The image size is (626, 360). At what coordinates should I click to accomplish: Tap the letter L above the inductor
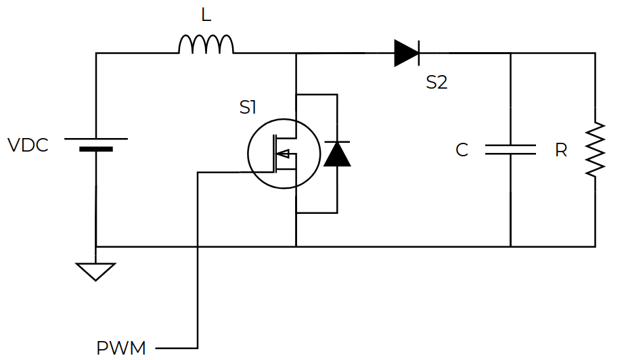click(x=206, y=15)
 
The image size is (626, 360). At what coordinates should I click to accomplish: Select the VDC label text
click(x=28, y=145)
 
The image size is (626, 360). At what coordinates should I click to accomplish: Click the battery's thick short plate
click(x=96, y=150)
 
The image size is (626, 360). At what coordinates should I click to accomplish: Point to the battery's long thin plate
click(x=96, y=139)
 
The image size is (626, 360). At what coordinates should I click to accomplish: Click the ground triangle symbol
click(x=96, y=272)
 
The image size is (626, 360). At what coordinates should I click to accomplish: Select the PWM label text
click(x=121, y=348)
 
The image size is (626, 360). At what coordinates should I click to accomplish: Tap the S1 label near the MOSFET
click(x=248, y=108)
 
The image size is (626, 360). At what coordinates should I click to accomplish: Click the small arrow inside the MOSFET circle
click(x=283, y=154)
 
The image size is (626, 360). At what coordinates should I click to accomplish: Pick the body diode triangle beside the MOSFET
click(x=337, y=154)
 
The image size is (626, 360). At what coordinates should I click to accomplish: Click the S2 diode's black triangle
click(x=406, y=53)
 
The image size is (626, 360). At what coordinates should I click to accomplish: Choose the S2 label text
click(x=437, y=82)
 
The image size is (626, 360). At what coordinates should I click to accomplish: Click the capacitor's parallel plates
click(x=511, y=150)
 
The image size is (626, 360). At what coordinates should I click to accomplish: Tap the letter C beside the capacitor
click(x=462, y=150)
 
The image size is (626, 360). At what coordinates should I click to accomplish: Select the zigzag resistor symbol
click(x=596, y=150)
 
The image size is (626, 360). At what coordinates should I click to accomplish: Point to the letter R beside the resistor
click(x=561, y=150)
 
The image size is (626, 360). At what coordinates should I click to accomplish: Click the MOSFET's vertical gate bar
click(x=275, y=154)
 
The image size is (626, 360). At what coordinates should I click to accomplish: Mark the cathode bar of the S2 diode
click(x=419, y=53)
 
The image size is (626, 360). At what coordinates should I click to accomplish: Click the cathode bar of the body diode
click(x=337, y=141)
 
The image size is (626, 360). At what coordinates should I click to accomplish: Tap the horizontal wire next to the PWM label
click(x=177, y=348)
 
